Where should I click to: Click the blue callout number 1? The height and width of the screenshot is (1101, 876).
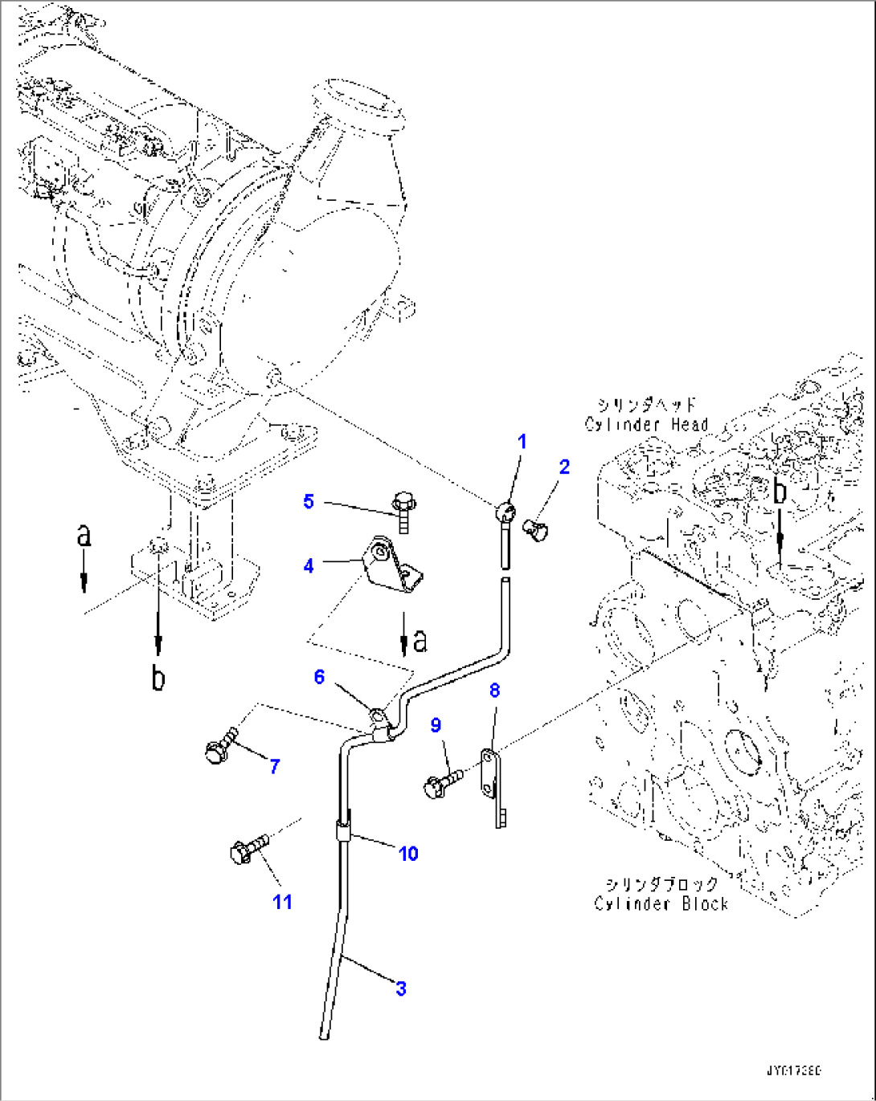tap(522, 442)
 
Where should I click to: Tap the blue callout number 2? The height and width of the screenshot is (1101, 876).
tap(564, 467)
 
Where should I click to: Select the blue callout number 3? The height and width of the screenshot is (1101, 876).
tap(401, 989)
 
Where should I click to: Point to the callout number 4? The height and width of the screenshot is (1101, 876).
tap(309, 566)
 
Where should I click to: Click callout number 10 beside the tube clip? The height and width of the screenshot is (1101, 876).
tap(408, 853)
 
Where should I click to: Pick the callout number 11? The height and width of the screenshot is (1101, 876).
tap(282, 902)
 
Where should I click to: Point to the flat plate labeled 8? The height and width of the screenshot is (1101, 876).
tap(493, 783)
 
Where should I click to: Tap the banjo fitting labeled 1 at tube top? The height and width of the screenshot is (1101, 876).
tap(505, 510)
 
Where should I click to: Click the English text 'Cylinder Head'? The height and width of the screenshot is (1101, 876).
tap(646, 425)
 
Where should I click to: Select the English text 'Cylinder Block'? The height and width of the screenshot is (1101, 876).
tap(661, 903)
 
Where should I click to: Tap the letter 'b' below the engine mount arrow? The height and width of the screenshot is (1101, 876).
tap(158, 678)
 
